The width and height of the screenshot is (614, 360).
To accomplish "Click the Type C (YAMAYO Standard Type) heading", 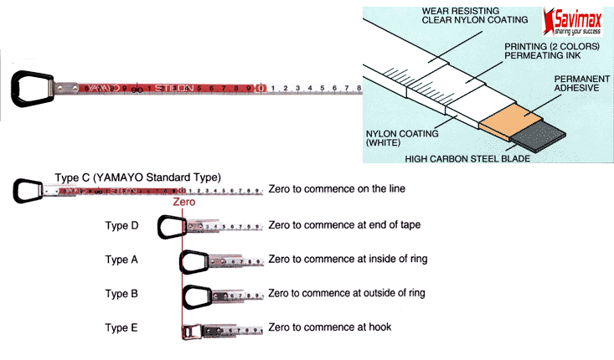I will coord(137,177).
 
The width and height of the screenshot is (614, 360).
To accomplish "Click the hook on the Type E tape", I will coord(192,330).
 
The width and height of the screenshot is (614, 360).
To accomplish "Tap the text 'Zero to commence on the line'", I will coord(337,189).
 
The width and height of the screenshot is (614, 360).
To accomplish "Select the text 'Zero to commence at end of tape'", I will coord(344,224).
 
